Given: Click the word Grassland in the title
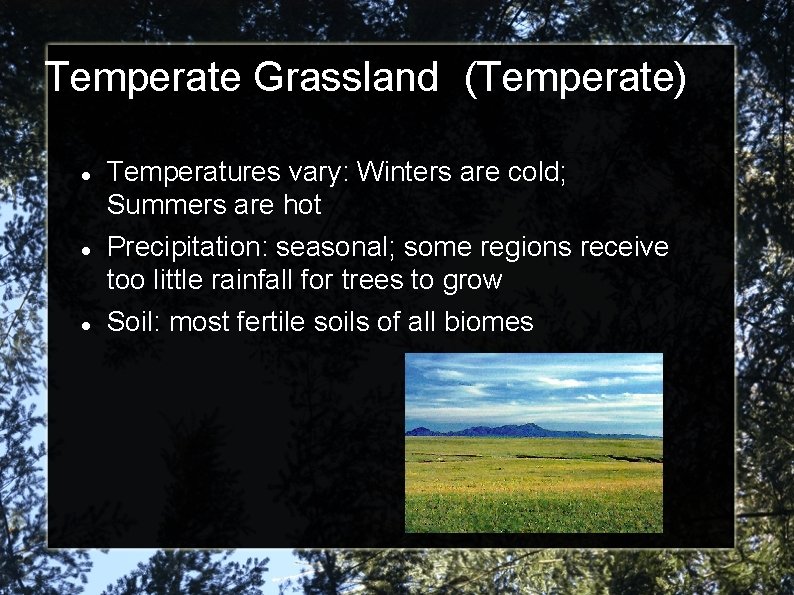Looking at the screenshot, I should pyautogui.click(x=346, y=78).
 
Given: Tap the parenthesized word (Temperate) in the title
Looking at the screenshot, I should pyautogui.click(x=575, y=78).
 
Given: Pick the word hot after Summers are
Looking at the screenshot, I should pyautogui.click(x=300, y=205).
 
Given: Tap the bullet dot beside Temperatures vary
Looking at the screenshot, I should pyautogui.click(x=88, y=174).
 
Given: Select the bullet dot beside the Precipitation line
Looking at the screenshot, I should pyautogui.click(x=88, y=247).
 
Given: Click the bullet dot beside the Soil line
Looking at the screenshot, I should pyautogui.click(x=88, y=322).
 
